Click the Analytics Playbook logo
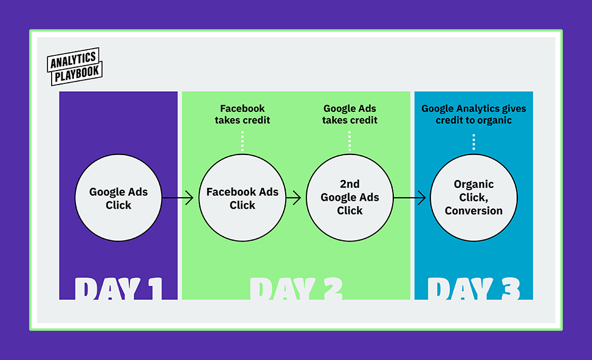(x=75, y=66)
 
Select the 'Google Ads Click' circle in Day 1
(x=119, y=198)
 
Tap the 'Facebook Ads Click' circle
(x=243, y=198)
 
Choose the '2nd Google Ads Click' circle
(x=349, y=198)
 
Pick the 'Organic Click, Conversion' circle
(x=473, y=198)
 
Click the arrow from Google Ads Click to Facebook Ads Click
(x=178, y=198)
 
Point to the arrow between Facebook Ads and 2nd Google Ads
(x=294, y=198)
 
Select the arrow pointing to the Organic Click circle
(x=410, y=198)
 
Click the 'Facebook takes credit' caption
(x=243, y=114)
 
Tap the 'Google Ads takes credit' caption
(x=349, y=114)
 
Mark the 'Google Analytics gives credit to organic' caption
(x=473, y=114)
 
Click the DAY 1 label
(x=119, y=289)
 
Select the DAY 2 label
(x=296, y=289)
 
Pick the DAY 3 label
(x=473, y=289)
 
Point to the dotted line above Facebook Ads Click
(x=243, y=141)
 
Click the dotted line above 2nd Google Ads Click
(x=349, y=141)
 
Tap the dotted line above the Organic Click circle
(x=473, y=142)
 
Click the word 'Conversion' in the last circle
(x=473, y=210)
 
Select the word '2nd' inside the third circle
(x=349, y=184)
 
